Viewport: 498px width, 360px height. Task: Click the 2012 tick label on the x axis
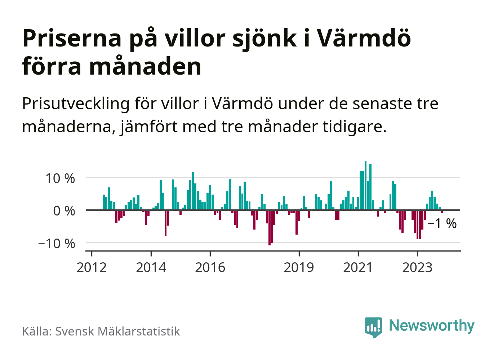[92, 268]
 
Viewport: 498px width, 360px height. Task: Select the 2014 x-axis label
[151, 268]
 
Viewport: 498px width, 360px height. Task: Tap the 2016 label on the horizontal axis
[210, 268]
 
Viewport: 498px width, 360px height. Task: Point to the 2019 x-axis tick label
[299, 268]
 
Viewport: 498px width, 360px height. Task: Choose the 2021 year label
[358, 268]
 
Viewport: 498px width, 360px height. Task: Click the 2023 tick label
[417, 268]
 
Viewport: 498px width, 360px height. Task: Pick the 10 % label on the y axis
[60, 178]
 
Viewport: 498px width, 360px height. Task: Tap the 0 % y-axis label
[64, 211]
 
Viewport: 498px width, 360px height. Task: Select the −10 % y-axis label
[57, 244]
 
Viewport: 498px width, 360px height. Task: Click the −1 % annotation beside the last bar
[442, 224]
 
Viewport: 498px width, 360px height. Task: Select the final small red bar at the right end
[442, 212]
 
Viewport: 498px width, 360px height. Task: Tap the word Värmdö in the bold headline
[364, 38]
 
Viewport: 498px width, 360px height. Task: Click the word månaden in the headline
[145, 67]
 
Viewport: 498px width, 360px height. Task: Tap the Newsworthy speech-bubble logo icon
[373, 327]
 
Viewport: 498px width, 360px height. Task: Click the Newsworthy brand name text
[432, 325]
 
